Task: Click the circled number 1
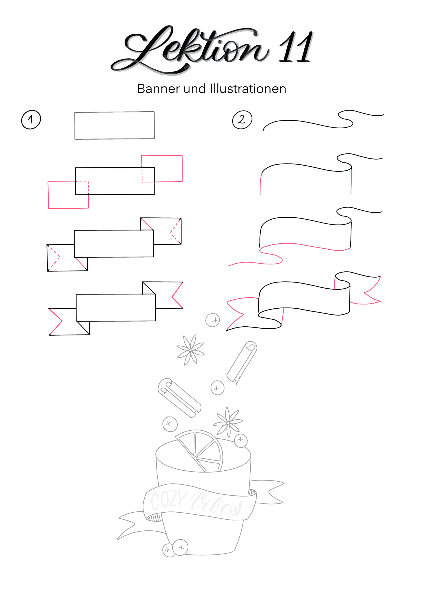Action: [31, 120]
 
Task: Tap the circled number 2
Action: [242, 120]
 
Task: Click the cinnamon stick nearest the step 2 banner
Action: [242, 362]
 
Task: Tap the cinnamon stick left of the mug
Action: [179, 398]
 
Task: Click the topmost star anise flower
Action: [190, 350]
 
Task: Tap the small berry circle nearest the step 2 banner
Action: [213, 320]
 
